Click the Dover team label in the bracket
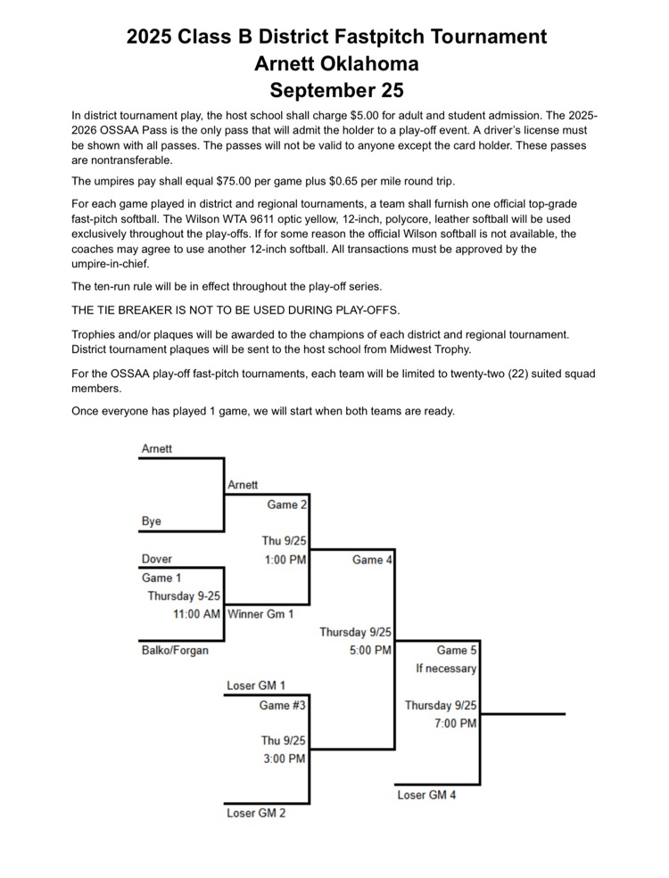(157, 560)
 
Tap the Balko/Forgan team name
(175, 650)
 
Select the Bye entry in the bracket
(152, 521)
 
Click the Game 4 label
(372, 560)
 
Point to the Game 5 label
(457, 651)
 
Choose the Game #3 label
(282, 705)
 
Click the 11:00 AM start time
(196, 614)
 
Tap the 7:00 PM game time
(455, 724)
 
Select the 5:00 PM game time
(370, 651)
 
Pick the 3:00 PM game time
(284, 759)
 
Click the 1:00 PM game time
(285, 560)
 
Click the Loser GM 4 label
(426, 794)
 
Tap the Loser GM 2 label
(255, 813)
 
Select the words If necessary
(446, 669)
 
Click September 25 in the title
(336, 90)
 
